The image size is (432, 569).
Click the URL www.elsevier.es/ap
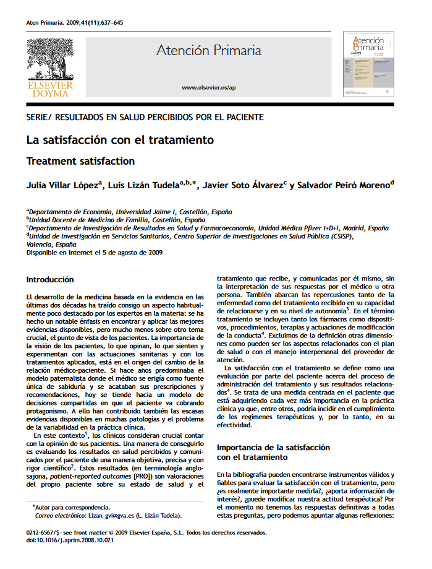[208, 88]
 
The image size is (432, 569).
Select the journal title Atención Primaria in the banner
[208, 51]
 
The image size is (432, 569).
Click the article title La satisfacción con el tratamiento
[120, 140]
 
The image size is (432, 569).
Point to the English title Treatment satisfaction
[80, 162]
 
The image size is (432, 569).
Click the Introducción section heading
[50, 280]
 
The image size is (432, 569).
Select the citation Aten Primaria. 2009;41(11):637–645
[75, 23]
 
